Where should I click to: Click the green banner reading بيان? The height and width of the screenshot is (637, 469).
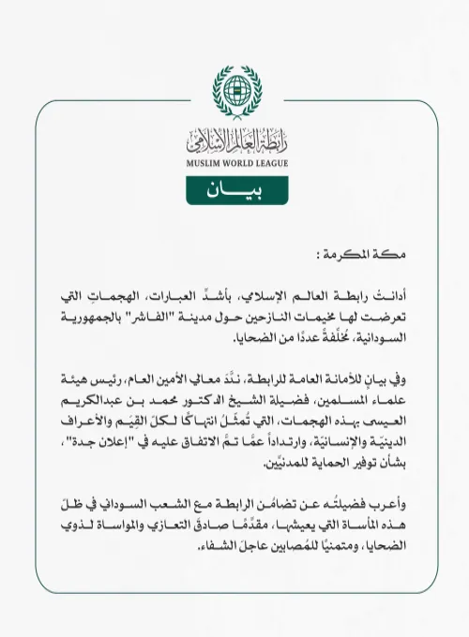[234, 189]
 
